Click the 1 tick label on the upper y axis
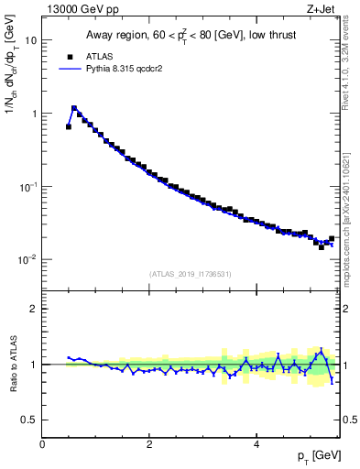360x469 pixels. (x=34, y=115)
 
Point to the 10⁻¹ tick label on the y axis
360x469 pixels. (x=27, y=187)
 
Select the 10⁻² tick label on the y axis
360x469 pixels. (x=27, y=260)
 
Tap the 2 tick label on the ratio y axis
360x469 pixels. (x=34, y=309)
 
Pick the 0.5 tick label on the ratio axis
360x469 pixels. (x=29, y=420)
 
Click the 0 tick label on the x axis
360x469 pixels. (x=43, y=444)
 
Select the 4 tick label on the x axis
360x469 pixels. (x=256, y=444)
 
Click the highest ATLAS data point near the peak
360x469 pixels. (x=74, y=108)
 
